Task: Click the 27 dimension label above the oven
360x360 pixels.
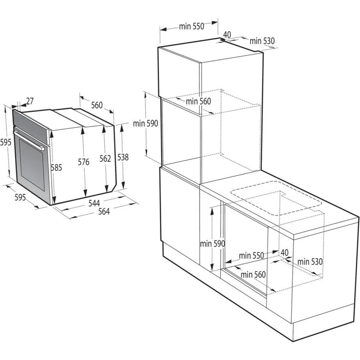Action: [x=30, y=101]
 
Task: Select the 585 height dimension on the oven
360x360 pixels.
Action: [x=56, y=168]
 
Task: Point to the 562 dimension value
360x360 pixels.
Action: [x=105, y=159]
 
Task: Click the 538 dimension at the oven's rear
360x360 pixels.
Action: [x=123, y=157]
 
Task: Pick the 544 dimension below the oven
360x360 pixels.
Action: [x=94, y=203]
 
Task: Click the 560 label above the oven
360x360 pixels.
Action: [x=97, y=105]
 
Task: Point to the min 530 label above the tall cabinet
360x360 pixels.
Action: [x=262, y=41]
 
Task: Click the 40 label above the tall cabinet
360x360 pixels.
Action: [x=227, y=34]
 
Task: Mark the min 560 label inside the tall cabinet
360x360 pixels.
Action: [x=198, y=102]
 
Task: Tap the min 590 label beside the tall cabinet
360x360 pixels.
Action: [x=145, y=124]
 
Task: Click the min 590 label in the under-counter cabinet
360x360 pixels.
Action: [x=212, y=244]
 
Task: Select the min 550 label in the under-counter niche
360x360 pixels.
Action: [x=251, y=256]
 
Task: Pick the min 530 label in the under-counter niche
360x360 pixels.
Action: [x=310, y=262]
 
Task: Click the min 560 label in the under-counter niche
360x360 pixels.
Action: [x=253, y=274]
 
